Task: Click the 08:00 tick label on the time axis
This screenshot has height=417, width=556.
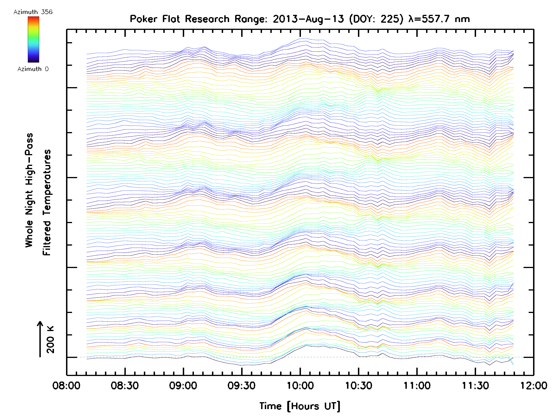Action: pos(66,385)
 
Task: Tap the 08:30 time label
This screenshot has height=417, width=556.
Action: pos(125,385)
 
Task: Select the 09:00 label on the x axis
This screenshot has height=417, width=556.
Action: pos(183,385)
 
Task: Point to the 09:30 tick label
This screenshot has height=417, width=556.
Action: pos(242,385)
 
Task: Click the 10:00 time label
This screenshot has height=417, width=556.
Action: pos(300,385)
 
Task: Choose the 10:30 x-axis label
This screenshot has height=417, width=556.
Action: pos(358,385)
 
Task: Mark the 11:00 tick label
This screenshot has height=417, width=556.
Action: pos(417,385)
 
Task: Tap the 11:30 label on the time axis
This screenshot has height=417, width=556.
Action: pos(475,385)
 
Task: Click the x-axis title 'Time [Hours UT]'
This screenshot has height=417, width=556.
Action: pos(300,406)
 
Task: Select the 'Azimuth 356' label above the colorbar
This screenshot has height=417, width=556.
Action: pos(33,12)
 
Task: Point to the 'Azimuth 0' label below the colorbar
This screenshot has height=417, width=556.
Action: pos(33,69)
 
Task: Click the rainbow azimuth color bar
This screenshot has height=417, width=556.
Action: pos(33,39)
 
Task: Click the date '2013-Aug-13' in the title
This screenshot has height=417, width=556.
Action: pos(308,19)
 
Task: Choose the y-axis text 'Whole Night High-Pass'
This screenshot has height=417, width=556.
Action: pos(29,190)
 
